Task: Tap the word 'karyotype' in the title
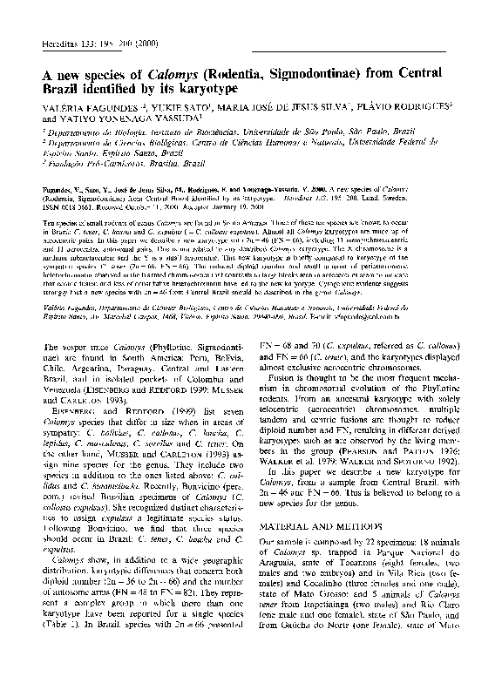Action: tap(200, 90)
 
